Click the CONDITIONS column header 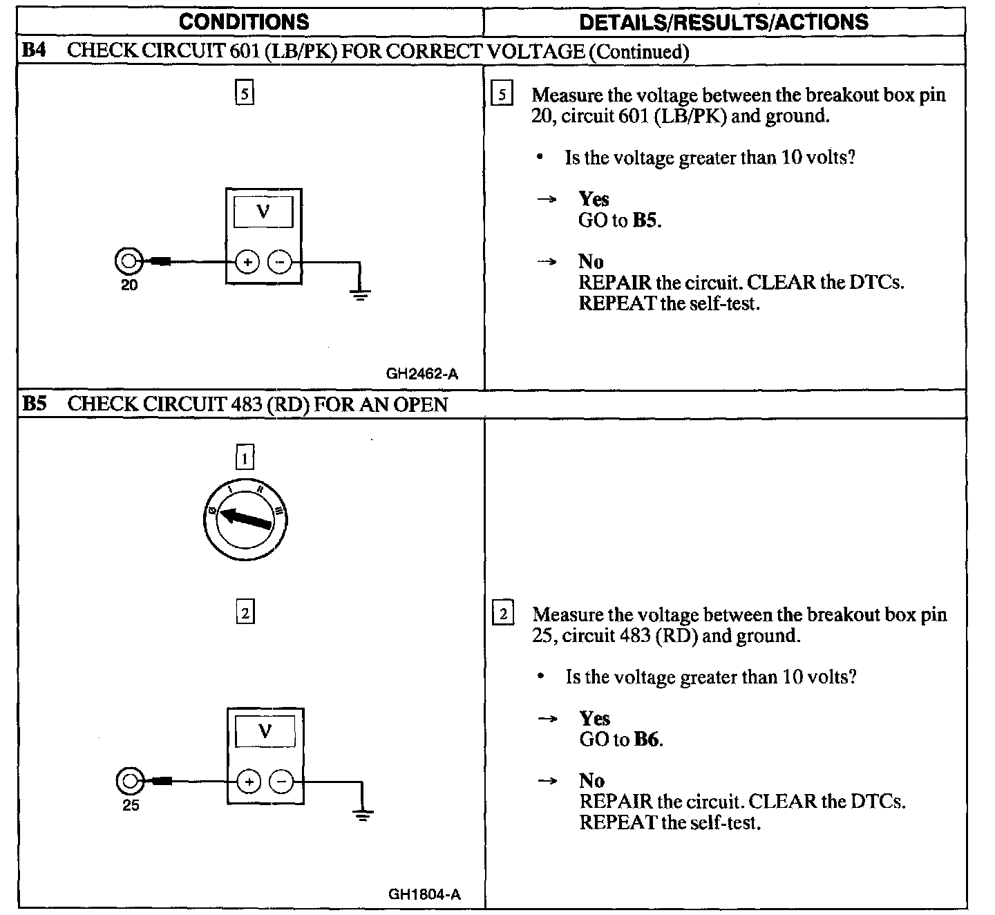click(x=244, y=22)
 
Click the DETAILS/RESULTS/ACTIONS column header click(x=723, y=22)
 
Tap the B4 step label click(x=35, y=50)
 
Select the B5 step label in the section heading click(x=35, y=404)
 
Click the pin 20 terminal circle click(x=128, y=261)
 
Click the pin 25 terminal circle click(x=129, y=781)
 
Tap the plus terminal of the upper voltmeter click(x=247, y=262)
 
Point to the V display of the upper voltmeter click(x=263, y=211)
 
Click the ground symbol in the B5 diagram click(x=362, y=814)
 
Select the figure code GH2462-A click(x=421, y=374)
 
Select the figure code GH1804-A click(x=424, y=894)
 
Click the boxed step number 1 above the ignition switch click(x=245, y=457)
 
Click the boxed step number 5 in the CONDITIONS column click(x=245, y=93)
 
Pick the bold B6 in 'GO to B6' click(x=647, y=739)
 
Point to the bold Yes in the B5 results click(x=594, y=719)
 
